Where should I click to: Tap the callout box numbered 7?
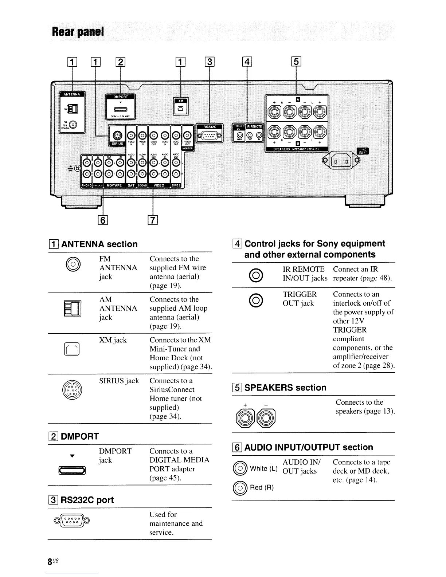(153, 220)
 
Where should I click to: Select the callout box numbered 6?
(103, 220)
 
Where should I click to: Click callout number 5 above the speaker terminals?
(297, 62)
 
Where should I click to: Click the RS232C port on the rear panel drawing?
(209, 137)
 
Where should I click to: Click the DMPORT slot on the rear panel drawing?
(120, 109)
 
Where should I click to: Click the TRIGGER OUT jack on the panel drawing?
(239, 136)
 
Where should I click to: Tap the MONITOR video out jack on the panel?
(187, 135)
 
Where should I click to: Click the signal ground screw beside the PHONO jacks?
(77, 168)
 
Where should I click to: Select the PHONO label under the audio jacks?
(86, 185)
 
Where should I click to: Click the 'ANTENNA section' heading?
(99, 244)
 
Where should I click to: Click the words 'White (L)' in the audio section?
(263, 468)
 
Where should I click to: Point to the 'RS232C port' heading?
(87, 500)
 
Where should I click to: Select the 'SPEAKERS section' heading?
(285, 388)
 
